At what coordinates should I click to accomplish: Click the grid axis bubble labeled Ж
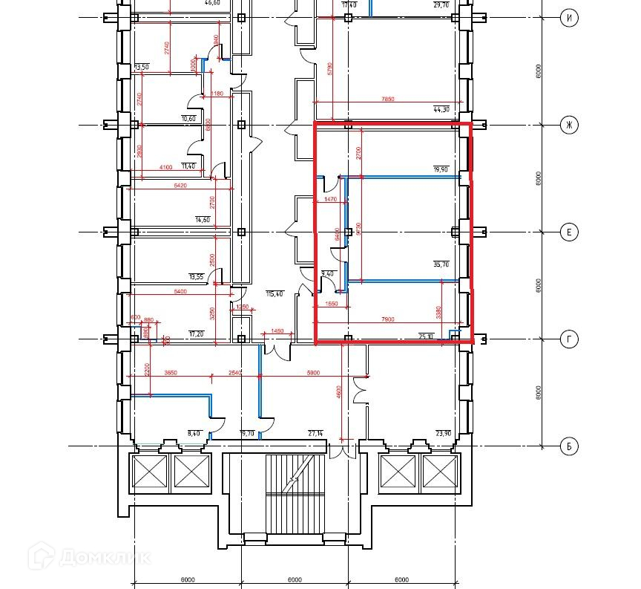[x=569, y=125]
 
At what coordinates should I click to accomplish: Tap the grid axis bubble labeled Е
[x=569, y=232]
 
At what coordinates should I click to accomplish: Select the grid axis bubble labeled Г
[x=569, y=339]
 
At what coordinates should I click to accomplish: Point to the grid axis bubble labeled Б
[x=569, y=446]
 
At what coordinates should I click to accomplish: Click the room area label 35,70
[x=441, y=264]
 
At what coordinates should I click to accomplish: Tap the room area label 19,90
[x=441, y=169]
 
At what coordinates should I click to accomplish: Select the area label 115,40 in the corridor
[x=275, y=294]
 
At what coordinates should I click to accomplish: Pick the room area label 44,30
[x=441, y=110]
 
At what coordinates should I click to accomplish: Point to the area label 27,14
[x=317, y=433]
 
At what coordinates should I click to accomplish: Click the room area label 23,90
[x=443, y=433]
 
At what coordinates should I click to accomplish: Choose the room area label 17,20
[x=197, y=334]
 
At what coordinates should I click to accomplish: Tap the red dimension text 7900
[x=387, y=319]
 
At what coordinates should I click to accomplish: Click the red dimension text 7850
[x=387, y=98]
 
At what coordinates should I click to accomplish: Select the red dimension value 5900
[x=312, y=372]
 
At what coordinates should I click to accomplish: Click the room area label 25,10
[x=427, y=336]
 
